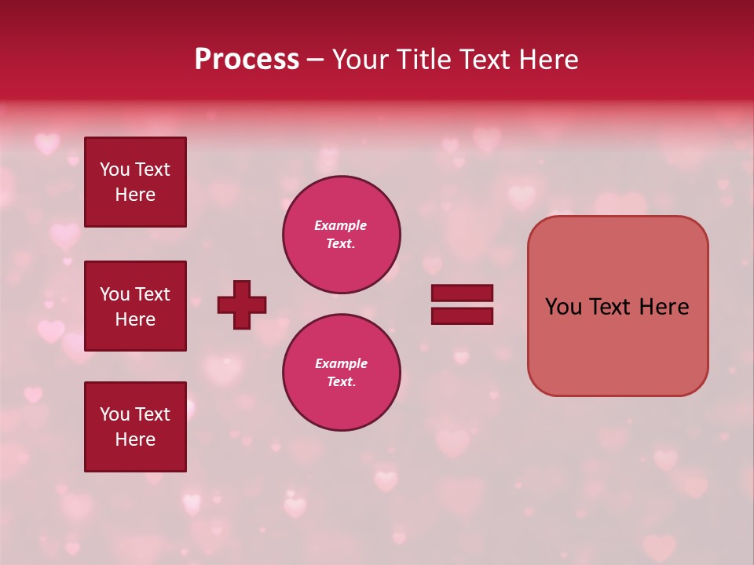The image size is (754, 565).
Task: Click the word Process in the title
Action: coord(247,60)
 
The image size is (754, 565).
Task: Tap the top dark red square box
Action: coord(135,182)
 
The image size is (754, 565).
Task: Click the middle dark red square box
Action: coord(135,306)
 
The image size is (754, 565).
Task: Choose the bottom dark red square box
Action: coord(135,427)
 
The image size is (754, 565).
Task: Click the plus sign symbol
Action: coord(242,304)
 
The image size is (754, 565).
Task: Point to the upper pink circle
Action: coord(342,235)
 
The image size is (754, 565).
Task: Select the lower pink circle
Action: coord(342,373)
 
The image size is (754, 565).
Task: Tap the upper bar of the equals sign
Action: coord(462,293)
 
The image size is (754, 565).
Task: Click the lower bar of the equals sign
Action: coord(462,315)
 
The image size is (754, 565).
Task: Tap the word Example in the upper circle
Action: coord(341,225)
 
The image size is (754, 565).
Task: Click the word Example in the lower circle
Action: coord(341,363)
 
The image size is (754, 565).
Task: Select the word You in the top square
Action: coord(114,169)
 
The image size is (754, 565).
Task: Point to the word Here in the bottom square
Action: coord(135,439)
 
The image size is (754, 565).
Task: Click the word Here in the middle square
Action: coord(135,319)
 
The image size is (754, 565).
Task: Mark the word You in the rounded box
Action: coord(563,307)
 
